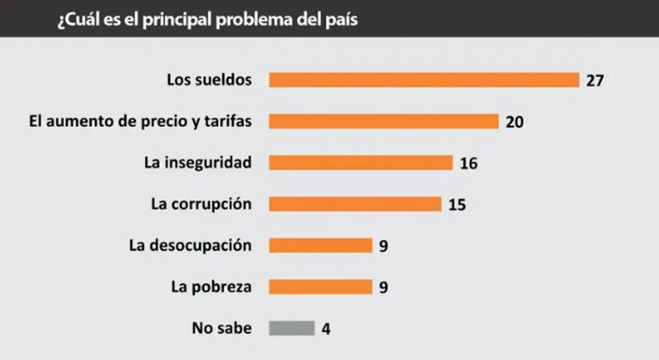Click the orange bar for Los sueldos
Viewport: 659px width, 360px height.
[x=424, y=80]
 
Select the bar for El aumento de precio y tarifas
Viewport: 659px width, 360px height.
[x=384, y=121]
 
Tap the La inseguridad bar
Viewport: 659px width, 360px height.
[x=361, y=163]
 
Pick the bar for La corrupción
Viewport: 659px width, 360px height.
[x=355, y=204]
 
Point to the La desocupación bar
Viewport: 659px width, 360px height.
[x=321, y=245]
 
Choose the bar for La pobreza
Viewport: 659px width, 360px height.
[x=321, y=287]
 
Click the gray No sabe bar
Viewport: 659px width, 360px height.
[x=292, y=328]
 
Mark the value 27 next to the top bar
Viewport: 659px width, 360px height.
[x=594, y=81]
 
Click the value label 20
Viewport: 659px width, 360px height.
[x=515, y=123]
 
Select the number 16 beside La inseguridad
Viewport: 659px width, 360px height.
[x=469, y=164]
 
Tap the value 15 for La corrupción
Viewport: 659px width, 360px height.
[x=457, y=205]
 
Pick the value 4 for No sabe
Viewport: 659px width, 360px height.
[x=326, y=328]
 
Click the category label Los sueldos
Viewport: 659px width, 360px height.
[x=209, y=80]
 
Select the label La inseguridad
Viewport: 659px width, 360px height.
[x=198, y=162]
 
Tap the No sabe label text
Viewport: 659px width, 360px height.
[x=221, y=327]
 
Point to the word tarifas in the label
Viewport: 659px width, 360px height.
[x=231, y=122]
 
